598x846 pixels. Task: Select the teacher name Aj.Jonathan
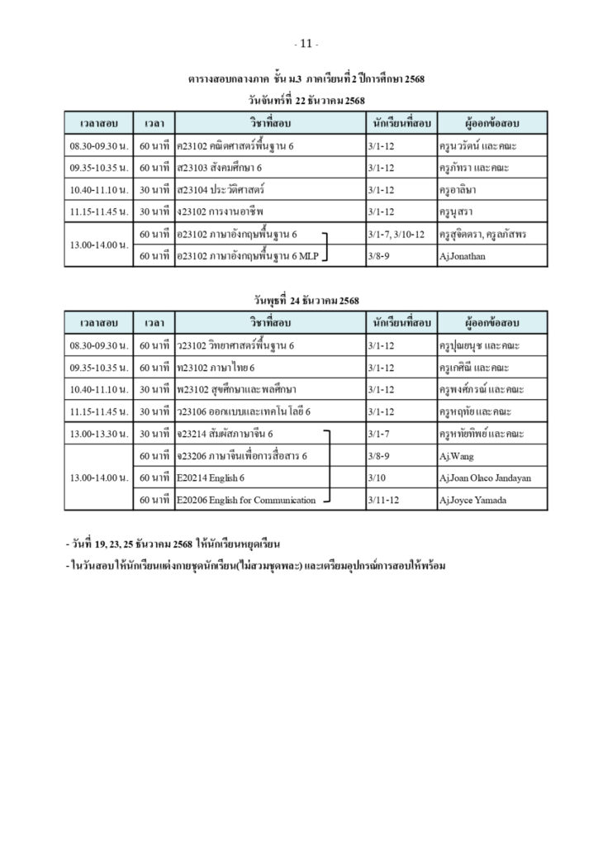point(462,257)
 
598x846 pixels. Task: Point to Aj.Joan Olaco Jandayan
point(485,478)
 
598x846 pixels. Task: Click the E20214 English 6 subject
point(211,478)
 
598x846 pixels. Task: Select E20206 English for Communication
point(246,500)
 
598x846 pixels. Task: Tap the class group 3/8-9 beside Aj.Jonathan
point(380,257)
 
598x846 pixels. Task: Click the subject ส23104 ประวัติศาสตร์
point(220,190)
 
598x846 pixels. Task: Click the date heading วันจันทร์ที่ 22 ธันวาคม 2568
point(306,101)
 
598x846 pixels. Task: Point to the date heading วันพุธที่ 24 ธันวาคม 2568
point(306,300)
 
